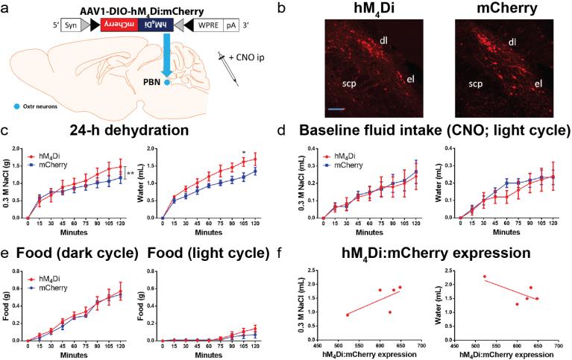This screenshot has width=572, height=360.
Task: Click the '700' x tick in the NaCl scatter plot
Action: [421, 345]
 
